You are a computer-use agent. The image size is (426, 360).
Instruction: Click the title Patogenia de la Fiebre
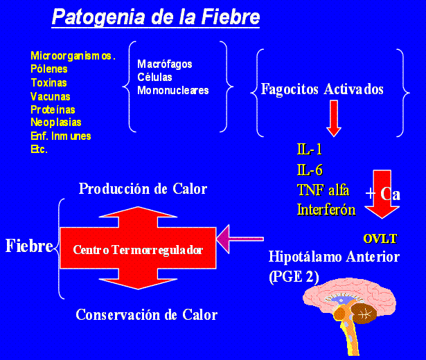[x=156, y=16]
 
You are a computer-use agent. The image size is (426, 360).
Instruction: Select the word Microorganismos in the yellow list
[x=73, y=55]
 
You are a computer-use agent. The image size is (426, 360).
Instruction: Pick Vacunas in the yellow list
[x=50, y=96]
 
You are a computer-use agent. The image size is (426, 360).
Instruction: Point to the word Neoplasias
[x=55, y=123]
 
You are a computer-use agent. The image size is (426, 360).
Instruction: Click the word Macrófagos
[x=165, y=64]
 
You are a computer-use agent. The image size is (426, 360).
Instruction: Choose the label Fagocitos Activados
[x=322, y=89]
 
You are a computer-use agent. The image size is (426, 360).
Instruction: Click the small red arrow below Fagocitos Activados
[x=334, y=118]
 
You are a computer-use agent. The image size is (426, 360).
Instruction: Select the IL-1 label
[x=309, y=150]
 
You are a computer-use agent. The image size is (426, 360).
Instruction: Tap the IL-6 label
[x=310, y=170]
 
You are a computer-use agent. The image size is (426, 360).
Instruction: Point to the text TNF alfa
[x=323, y=189]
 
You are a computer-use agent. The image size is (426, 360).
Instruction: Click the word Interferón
[x=326, y=208]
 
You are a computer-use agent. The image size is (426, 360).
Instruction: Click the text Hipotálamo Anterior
[x=334, y=257]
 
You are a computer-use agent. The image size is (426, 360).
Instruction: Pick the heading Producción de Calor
[x=143, y=189]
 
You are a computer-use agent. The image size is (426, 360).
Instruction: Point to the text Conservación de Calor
[x=146, y=315]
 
